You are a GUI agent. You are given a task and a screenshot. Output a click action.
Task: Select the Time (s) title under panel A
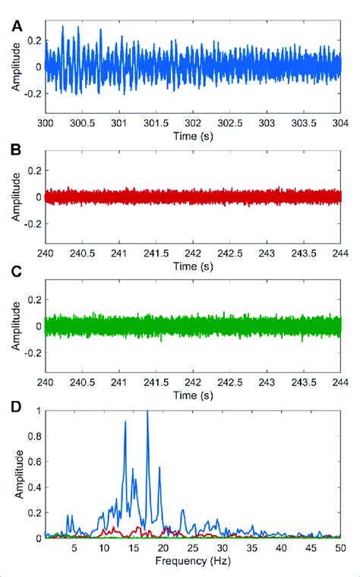[x=194, y=134]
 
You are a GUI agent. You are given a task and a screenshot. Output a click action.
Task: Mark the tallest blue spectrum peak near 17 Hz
[x=147, y=411]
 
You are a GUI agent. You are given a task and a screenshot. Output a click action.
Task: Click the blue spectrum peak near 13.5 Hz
[x=125, y=422]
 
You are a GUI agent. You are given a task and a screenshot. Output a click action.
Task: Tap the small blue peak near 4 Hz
[x=68, y=516]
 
